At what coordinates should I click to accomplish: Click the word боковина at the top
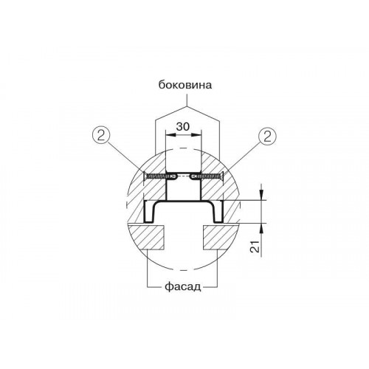tap(185, 85)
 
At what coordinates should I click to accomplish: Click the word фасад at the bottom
tap(183, 286)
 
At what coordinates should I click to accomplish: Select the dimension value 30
tap(183, 126)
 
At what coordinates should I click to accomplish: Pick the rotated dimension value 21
tap(256, 246)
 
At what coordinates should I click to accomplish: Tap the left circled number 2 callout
tap(100, 136)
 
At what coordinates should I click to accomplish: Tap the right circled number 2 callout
tap(267, 136)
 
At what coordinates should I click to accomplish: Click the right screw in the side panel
tap(208, 176)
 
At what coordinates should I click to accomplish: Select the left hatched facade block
tap(146, 237)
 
